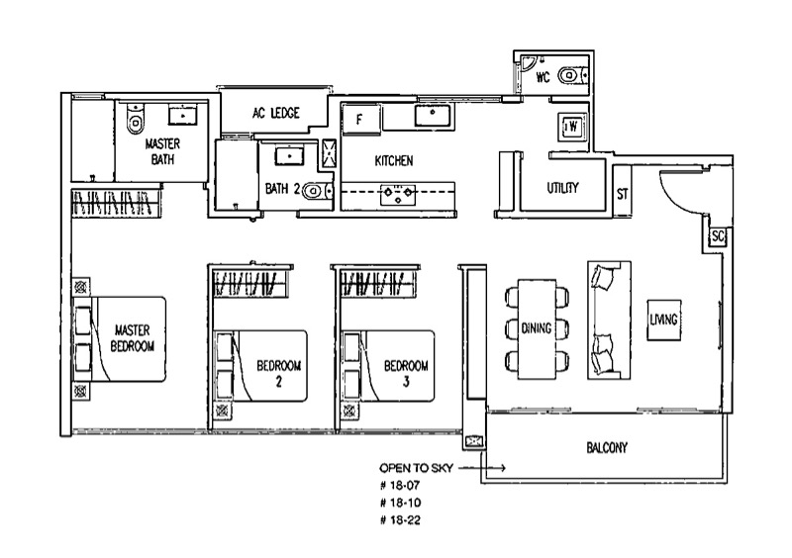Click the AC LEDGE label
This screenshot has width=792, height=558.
click(x=276, y=113)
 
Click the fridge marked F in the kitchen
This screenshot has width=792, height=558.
click(x=360, y=119)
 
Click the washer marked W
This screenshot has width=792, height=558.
click(x=572, y=127)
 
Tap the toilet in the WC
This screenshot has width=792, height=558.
click(x=572, y=76)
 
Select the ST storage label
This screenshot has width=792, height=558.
click(x=623, y=194)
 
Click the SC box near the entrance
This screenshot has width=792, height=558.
click(x=718, y=235)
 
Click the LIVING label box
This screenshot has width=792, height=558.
click(x=663, y=320)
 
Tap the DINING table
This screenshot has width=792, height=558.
click(x=537, y=328)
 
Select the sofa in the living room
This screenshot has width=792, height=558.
click(x=609, y=321)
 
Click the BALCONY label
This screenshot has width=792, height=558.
click(x=607, y=448)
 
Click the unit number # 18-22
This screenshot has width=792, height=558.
click(x=400, y=520)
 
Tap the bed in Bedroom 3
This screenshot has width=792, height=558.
click(x=388, y=366)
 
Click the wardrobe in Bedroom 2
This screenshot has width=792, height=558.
click(x=251, y=283)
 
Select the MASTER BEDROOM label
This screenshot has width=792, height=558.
click(x=133, y=338)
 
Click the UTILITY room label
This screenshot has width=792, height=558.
click(x=562, y=188)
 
